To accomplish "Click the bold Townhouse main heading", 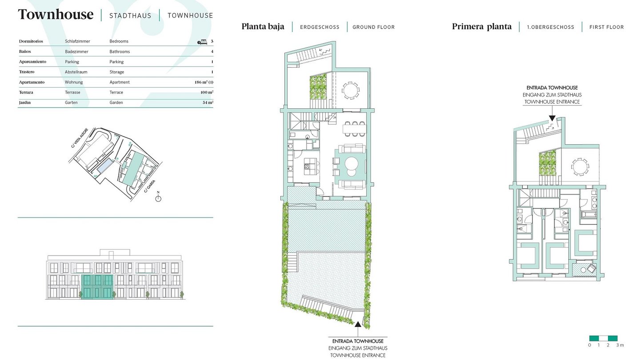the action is coord(56,15).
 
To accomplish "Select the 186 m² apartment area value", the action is coord(204,82).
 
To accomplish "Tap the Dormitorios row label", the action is coord(31,41).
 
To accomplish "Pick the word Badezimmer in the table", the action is coord(76,52).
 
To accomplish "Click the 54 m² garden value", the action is coord(208,102).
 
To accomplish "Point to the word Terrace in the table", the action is coord(116,92).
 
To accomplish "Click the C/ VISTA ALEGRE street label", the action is coord(80,138).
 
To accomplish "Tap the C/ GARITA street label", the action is coord(150,186).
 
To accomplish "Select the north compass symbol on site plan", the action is coord(158,198).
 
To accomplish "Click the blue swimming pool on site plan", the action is coord(104,166).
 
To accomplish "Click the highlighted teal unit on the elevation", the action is coord(97,287).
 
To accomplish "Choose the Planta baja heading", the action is coord(263,27).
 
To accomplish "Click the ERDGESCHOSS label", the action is coord(320,27).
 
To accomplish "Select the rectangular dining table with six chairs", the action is coord(355,129).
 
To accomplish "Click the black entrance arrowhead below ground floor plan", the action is coord(358,324).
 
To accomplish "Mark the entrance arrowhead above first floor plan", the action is coord(552,118).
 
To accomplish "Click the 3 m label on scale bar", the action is coord(620,345).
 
